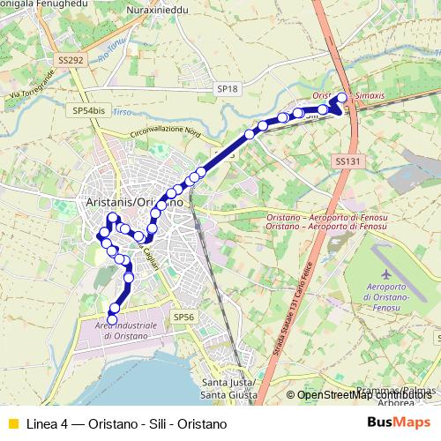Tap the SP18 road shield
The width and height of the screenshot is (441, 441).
pyautogui.click(x=228, y=89)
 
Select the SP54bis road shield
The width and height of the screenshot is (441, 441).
pyautogui.click(x=89, y=111)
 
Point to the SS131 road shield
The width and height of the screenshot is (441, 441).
pyautogui.click(x=348, y=161)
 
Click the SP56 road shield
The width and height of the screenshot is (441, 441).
pyautogui.click(x=183, y=317)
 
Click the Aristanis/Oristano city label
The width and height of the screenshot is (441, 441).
pyautogui.click(x=135, y=201)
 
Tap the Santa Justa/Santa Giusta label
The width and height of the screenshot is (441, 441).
pyautogui.click(x=229, y=388)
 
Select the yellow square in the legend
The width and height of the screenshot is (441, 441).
pyautogui.click(x=12, y=423)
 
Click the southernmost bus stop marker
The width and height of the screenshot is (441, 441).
pyautogui.click(x=112, y=319)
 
